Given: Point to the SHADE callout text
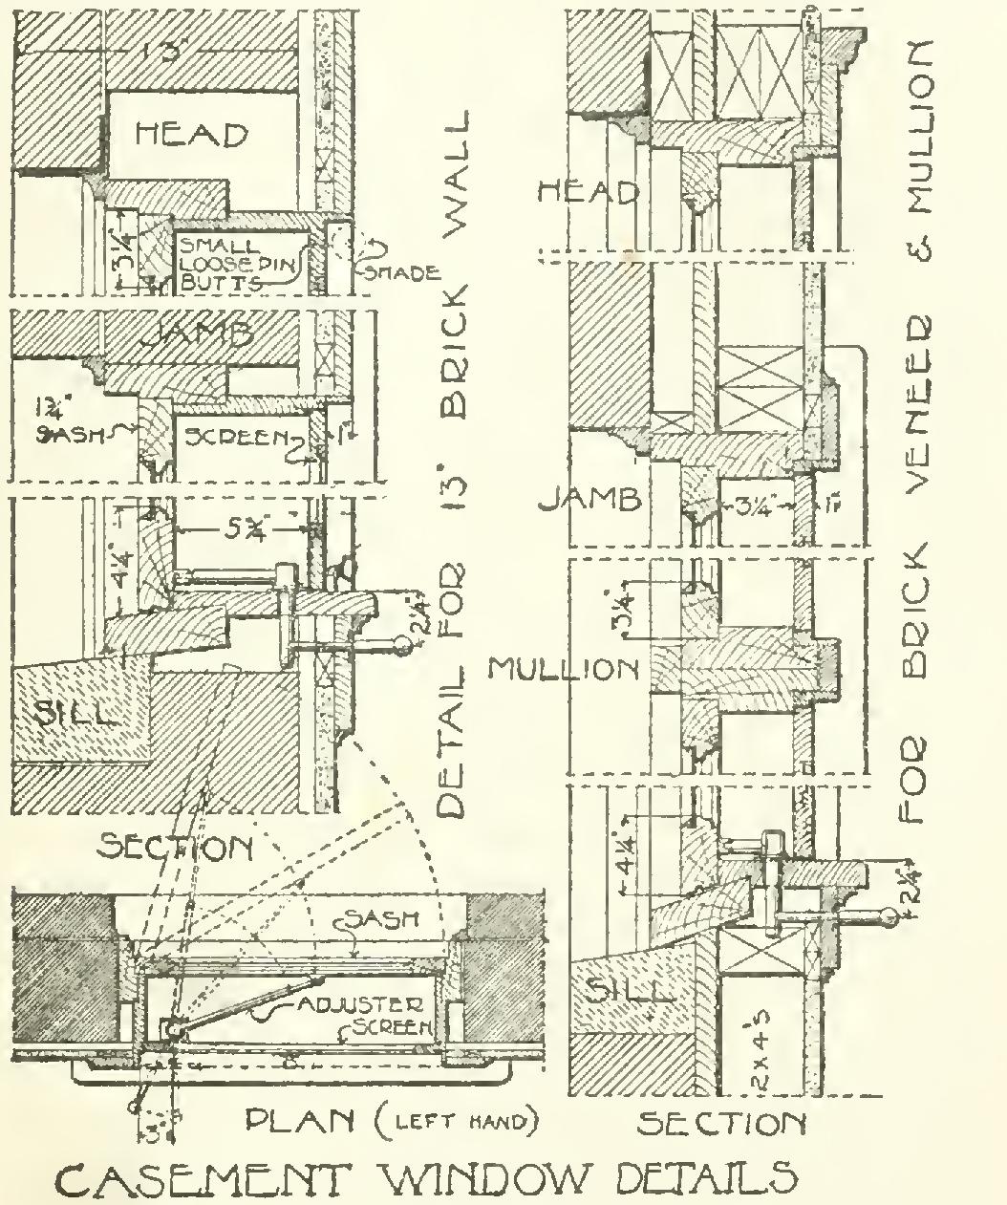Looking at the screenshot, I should tap(399, 271).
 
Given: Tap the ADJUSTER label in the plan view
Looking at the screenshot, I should tap(372, 1005).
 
